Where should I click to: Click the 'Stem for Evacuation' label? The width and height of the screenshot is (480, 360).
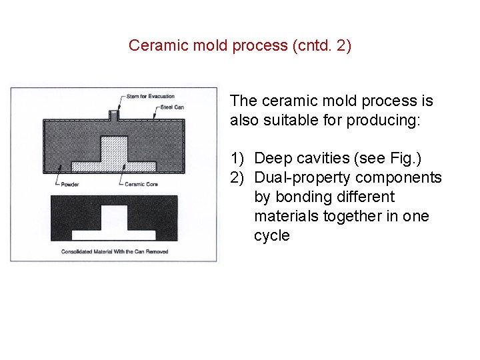tap(150, 97)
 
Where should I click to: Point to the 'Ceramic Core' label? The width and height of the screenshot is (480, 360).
tap(141, 184)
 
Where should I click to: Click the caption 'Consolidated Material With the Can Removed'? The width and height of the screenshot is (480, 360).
tap(115, 251)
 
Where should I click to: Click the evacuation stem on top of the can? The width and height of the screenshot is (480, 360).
tap(114, 115)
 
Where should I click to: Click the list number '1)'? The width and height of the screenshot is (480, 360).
tap(238, 158)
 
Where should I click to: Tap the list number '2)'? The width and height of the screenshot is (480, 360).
tap(238, 177)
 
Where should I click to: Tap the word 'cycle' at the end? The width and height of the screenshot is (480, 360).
tap(271, 235)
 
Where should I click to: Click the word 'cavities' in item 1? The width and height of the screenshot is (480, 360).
tap(323, 158)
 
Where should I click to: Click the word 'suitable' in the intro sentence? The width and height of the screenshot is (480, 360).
tap(288, 121)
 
